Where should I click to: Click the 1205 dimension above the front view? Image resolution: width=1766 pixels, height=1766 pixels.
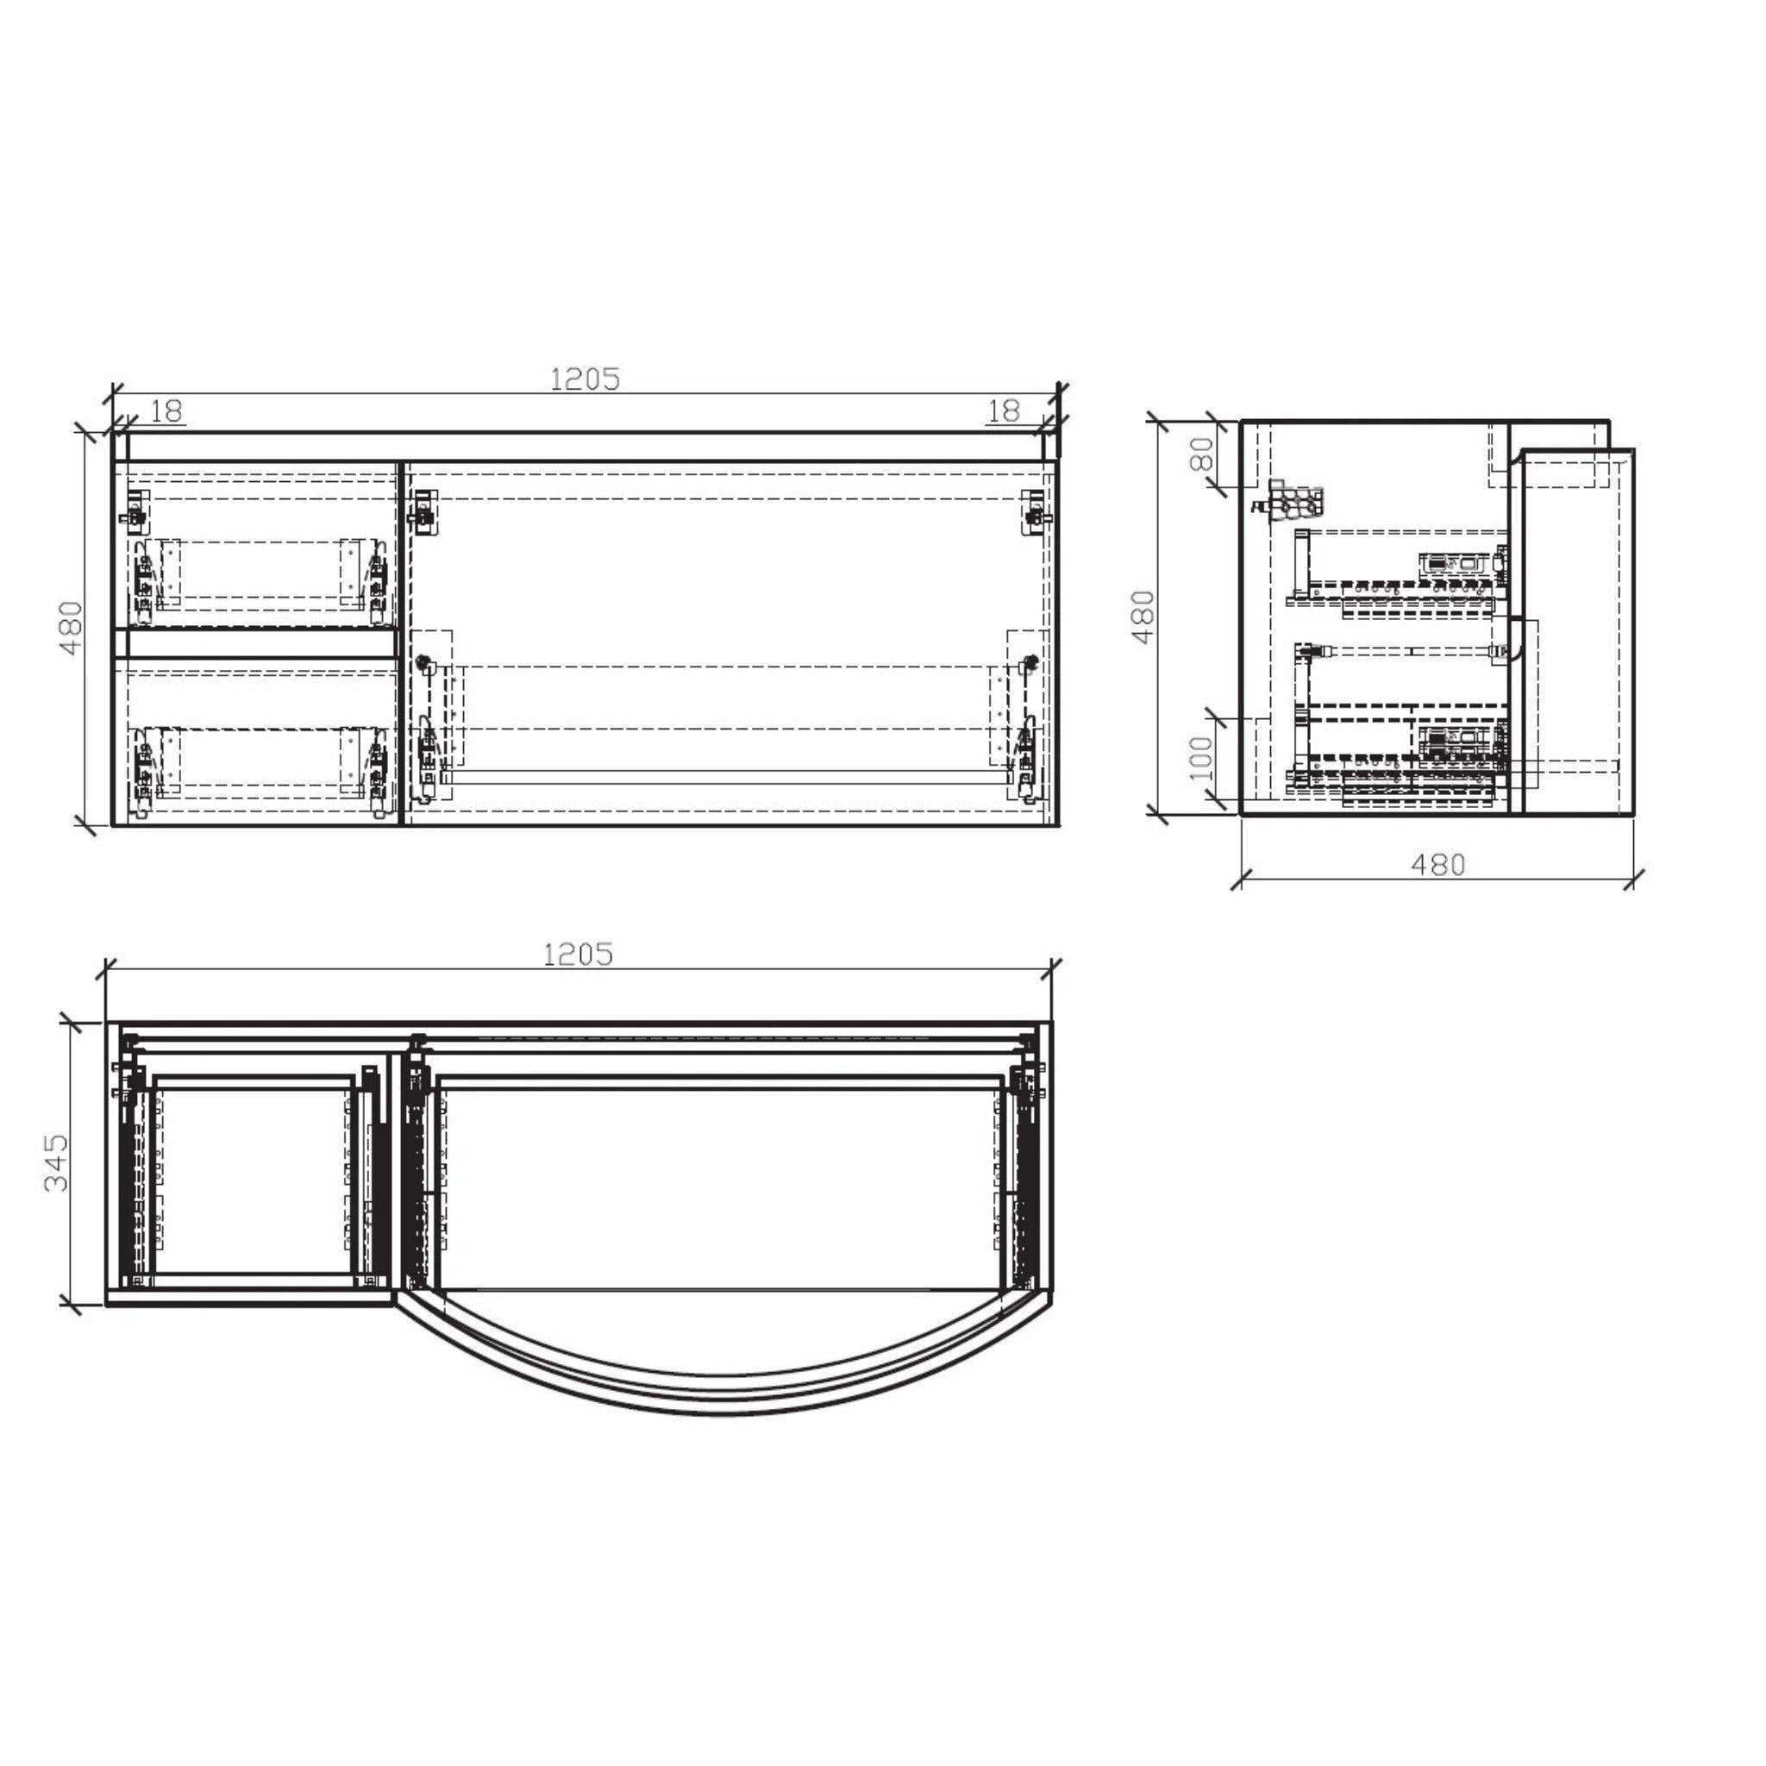[x=585, y=379]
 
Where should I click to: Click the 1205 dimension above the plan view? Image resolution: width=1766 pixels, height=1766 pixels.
[x=579, y=955]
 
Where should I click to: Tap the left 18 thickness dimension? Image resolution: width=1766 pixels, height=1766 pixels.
[x=166, y=411]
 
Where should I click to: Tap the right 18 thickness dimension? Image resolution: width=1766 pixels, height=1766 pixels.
[x=1004, y=411]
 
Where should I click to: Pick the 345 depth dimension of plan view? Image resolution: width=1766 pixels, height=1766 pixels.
[x=57, y=1162]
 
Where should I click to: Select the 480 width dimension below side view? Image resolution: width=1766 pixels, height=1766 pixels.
[x=1437, y=864]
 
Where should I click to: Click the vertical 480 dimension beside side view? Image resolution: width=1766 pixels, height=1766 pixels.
[x=1143, y=617]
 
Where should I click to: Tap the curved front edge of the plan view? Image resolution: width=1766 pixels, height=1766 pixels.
[x=722, y=1413]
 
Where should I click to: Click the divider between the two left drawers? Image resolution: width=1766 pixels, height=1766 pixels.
[x=257, y=643]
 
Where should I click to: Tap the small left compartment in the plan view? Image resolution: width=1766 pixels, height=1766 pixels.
[x=254, y=1179]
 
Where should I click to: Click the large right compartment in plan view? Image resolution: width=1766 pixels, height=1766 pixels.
[x=722, y=1179]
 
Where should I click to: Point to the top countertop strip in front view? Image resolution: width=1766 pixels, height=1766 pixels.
[x=585, y=446]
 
